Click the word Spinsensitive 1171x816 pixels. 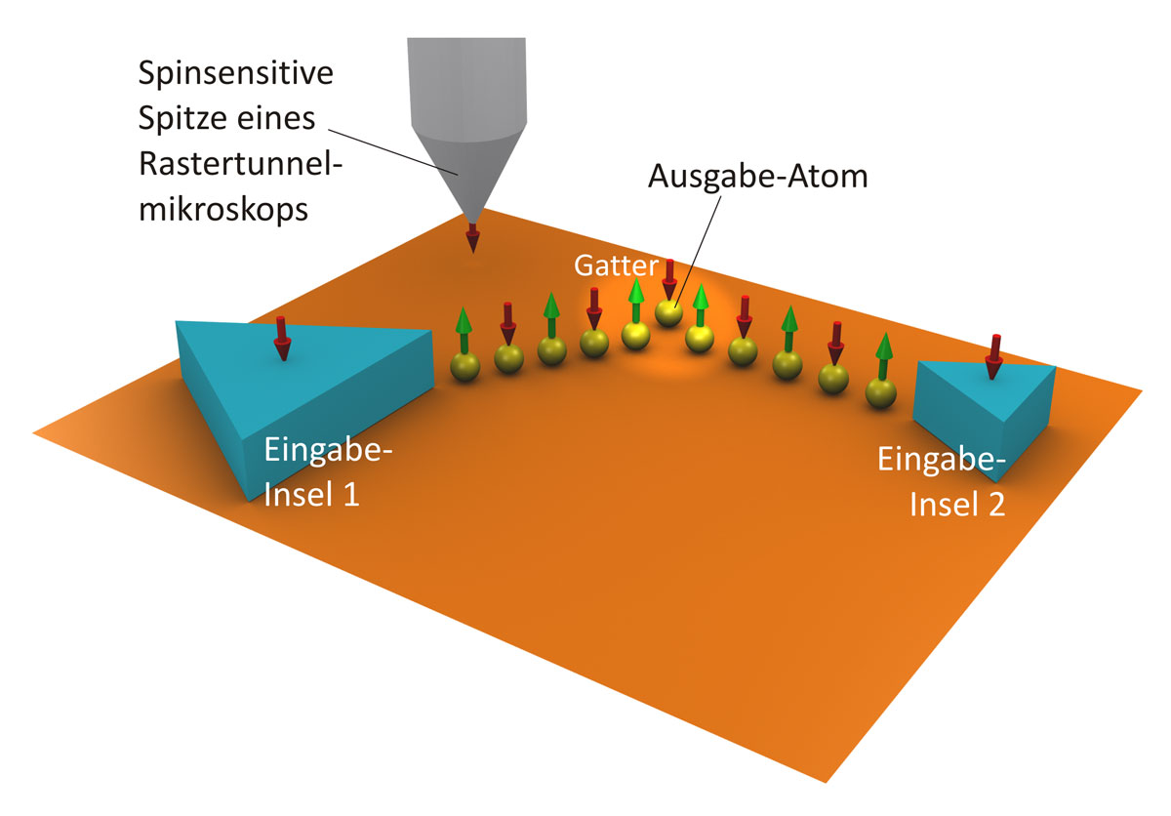click(236, 74)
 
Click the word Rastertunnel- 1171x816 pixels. click(240, 164)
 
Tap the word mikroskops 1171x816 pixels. click(223, 211)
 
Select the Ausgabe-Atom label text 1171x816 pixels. click(757, 177)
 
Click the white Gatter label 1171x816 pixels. click(616, 265)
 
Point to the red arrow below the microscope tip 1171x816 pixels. click(472, 238)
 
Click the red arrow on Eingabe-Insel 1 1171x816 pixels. click(282, 339)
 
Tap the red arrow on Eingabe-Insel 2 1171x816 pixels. click(993, 357)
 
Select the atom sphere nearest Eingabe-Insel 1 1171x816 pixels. click(464, 367)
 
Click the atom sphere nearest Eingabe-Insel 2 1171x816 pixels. click(881, 393)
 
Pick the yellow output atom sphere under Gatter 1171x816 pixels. click(668, 312)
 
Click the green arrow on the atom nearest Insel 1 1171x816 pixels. click(464, 330)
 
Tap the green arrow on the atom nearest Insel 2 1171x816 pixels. click(883, 356)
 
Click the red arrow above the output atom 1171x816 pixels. click(669, 280)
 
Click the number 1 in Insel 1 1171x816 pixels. click(350, 494)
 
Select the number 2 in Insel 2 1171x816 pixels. click(996, 505)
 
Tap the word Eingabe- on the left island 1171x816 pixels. click(328, 450)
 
